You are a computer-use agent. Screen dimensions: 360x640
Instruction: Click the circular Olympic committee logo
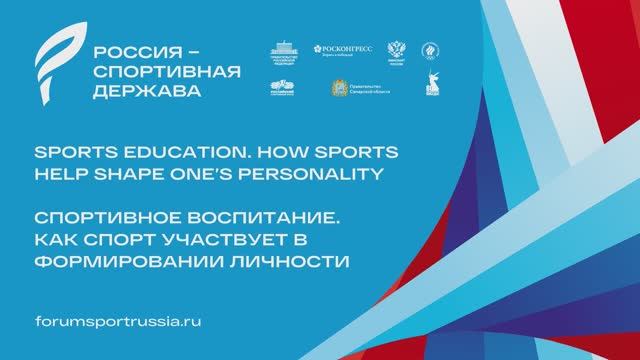[432, 51]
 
